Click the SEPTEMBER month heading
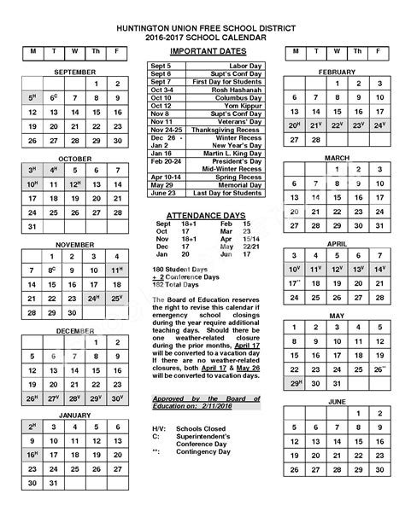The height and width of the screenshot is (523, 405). pos(75,73)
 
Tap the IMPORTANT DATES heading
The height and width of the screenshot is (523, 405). pos(205,51)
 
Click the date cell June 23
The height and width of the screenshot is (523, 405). pos(162,192)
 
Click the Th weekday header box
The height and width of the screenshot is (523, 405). pos(97,51)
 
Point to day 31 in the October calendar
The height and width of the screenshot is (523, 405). pos(33,227)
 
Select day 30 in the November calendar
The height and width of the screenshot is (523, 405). pos(75,313)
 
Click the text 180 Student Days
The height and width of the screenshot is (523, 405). pos(179,269)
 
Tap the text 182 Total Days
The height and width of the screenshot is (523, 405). pos(176,283)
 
